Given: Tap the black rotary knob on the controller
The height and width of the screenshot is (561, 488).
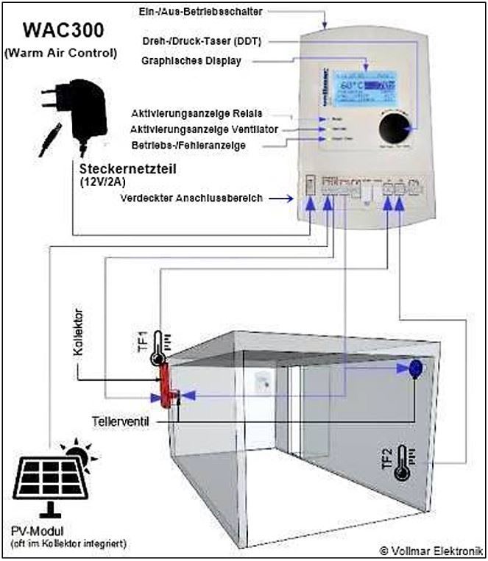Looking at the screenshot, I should pyautogui.click(x=396, y=129).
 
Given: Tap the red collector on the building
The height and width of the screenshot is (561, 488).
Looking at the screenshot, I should pyautogui.click(x=164, y=383).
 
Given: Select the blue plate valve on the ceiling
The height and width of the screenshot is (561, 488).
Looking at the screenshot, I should pyautogui.click(x=414, y=367).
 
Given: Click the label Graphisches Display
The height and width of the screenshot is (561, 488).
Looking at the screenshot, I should pyautogui.click(x=191, y=61).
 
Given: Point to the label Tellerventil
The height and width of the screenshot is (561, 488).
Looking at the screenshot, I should pyautogui.click(x=121, y=424).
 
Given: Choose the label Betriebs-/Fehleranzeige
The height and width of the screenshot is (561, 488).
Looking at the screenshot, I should pyautogui.click(x=188, y=145).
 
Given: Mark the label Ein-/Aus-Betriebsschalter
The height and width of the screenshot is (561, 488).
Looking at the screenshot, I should pyautogui.click(x=200, y=11).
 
